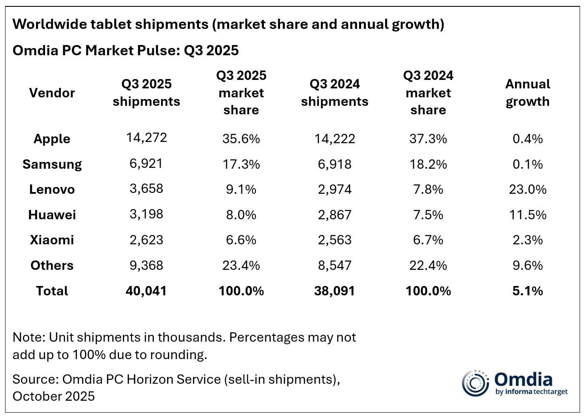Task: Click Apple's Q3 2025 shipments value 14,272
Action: pyautogui.click(x=146, y=138)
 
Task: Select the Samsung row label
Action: pyautogui.click(x=52, y=164)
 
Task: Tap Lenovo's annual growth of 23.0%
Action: pyautogui.click(x=527, y=190)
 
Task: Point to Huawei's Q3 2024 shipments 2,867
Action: pyautogui.click(x=334, y=215)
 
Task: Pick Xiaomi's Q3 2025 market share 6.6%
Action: pyautogui.click(x=241, y=240)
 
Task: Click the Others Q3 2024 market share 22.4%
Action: pyautogui.click(x=428, y=266)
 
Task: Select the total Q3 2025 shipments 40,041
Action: pyautogui.click(x=146, y=291)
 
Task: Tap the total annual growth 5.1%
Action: pyautogui.click(x=527, y=291)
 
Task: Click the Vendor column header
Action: pyautogui.click(x=52, y=93)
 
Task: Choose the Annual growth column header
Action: pyautogui.click(x=527, y=93)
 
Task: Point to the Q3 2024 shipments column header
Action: pyautogui.click(x=334, y=93)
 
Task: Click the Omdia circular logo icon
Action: pyautogui.click(x=476, y=383)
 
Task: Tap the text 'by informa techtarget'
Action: pyautogui.click(x=531, y=392)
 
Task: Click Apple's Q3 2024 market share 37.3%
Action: pyautogui.click(x=428, y=139)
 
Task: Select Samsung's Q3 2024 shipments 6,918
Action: pyautogui.click(x=334, y=164)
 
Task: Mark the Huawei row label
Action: pyautogui.click(x=52, y=215)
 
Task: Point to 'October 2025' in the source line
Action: pyautogui.click(x=54, y=396)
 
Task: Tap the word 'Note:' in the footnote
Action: pyautogui.click(x=28, y=337)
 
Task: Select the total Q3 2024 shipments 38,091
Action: pyautogui.click(x=334, y=291)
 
